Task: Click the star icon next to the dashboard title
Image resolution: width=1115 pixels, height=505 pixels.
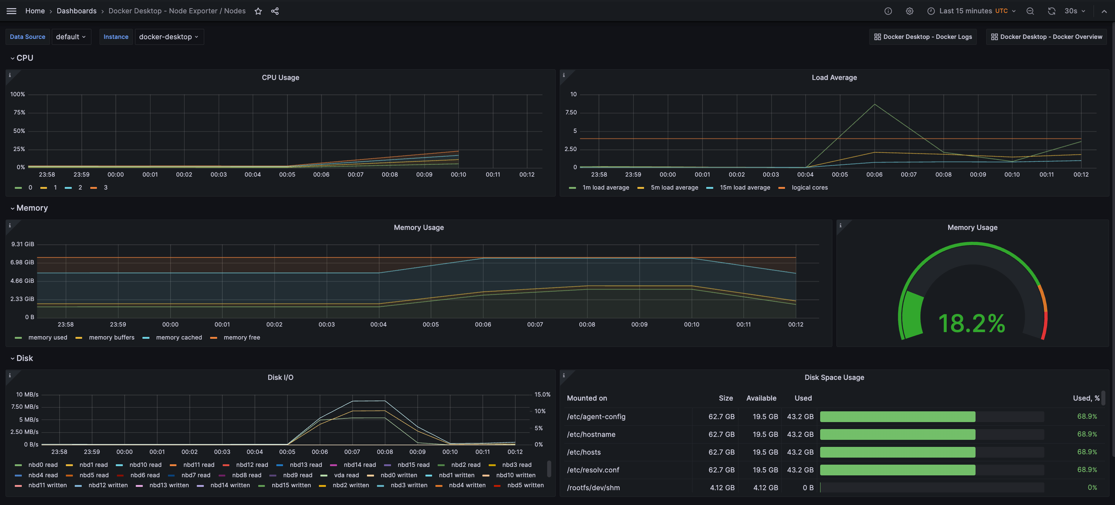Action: pos(258,11)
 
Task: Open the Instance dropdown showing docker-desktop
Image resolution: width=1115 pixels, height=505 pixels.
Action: pos(169,37)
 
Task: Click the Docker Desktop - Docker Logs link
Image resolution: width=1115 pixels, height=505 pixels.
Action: pos(923,37)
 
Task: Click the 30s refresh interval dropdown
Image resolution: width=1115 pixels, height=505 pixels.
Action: pos(1074,11)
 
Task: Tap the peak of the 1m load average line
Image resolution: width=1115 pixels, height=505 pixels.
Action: pos(874,104)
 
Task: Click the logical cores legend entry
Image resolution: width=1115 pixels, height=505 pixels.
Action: pos(809,188)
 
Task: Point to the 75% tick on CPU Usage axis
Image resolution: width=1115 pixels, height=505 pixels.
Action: pos(19,113)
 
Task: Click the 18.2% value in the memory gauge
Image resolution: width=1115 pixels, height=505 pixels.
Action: pos(972,324)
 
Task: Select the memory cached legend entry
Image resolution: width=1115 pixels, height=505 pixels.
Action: pos(178,337)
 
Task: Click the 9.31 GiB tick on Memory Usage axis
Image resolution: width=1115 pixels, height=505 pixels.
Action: pos(23,244)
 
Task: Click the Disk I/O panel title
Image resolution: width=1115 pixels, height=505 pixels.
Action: pos(280,377)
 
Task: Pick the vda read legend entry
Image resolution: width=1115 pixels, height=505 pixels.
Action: pos(346,475)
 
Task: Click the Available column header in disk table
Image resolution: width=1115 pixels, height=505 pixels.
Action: pos(761,398)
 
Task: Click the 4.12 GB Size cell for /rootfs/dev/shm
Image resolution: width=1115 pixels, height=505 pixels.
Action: pos(722,488)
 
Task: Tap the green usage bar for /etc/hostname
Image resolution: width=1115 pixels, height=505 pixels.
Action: pos(897,434)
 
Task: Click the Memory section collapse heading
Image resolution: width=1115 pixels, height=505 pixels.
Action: pos(31,208)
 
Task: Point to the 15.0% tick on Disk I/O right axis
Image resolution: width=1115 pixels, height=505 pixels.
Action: pos(542,395)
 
